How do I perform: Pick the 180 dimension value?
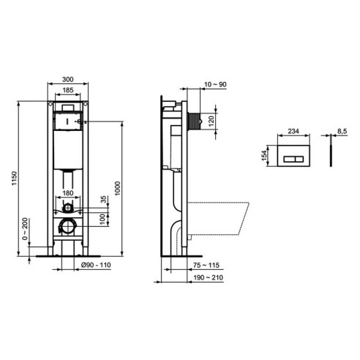pyautogui.click(x=67, y=193)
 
